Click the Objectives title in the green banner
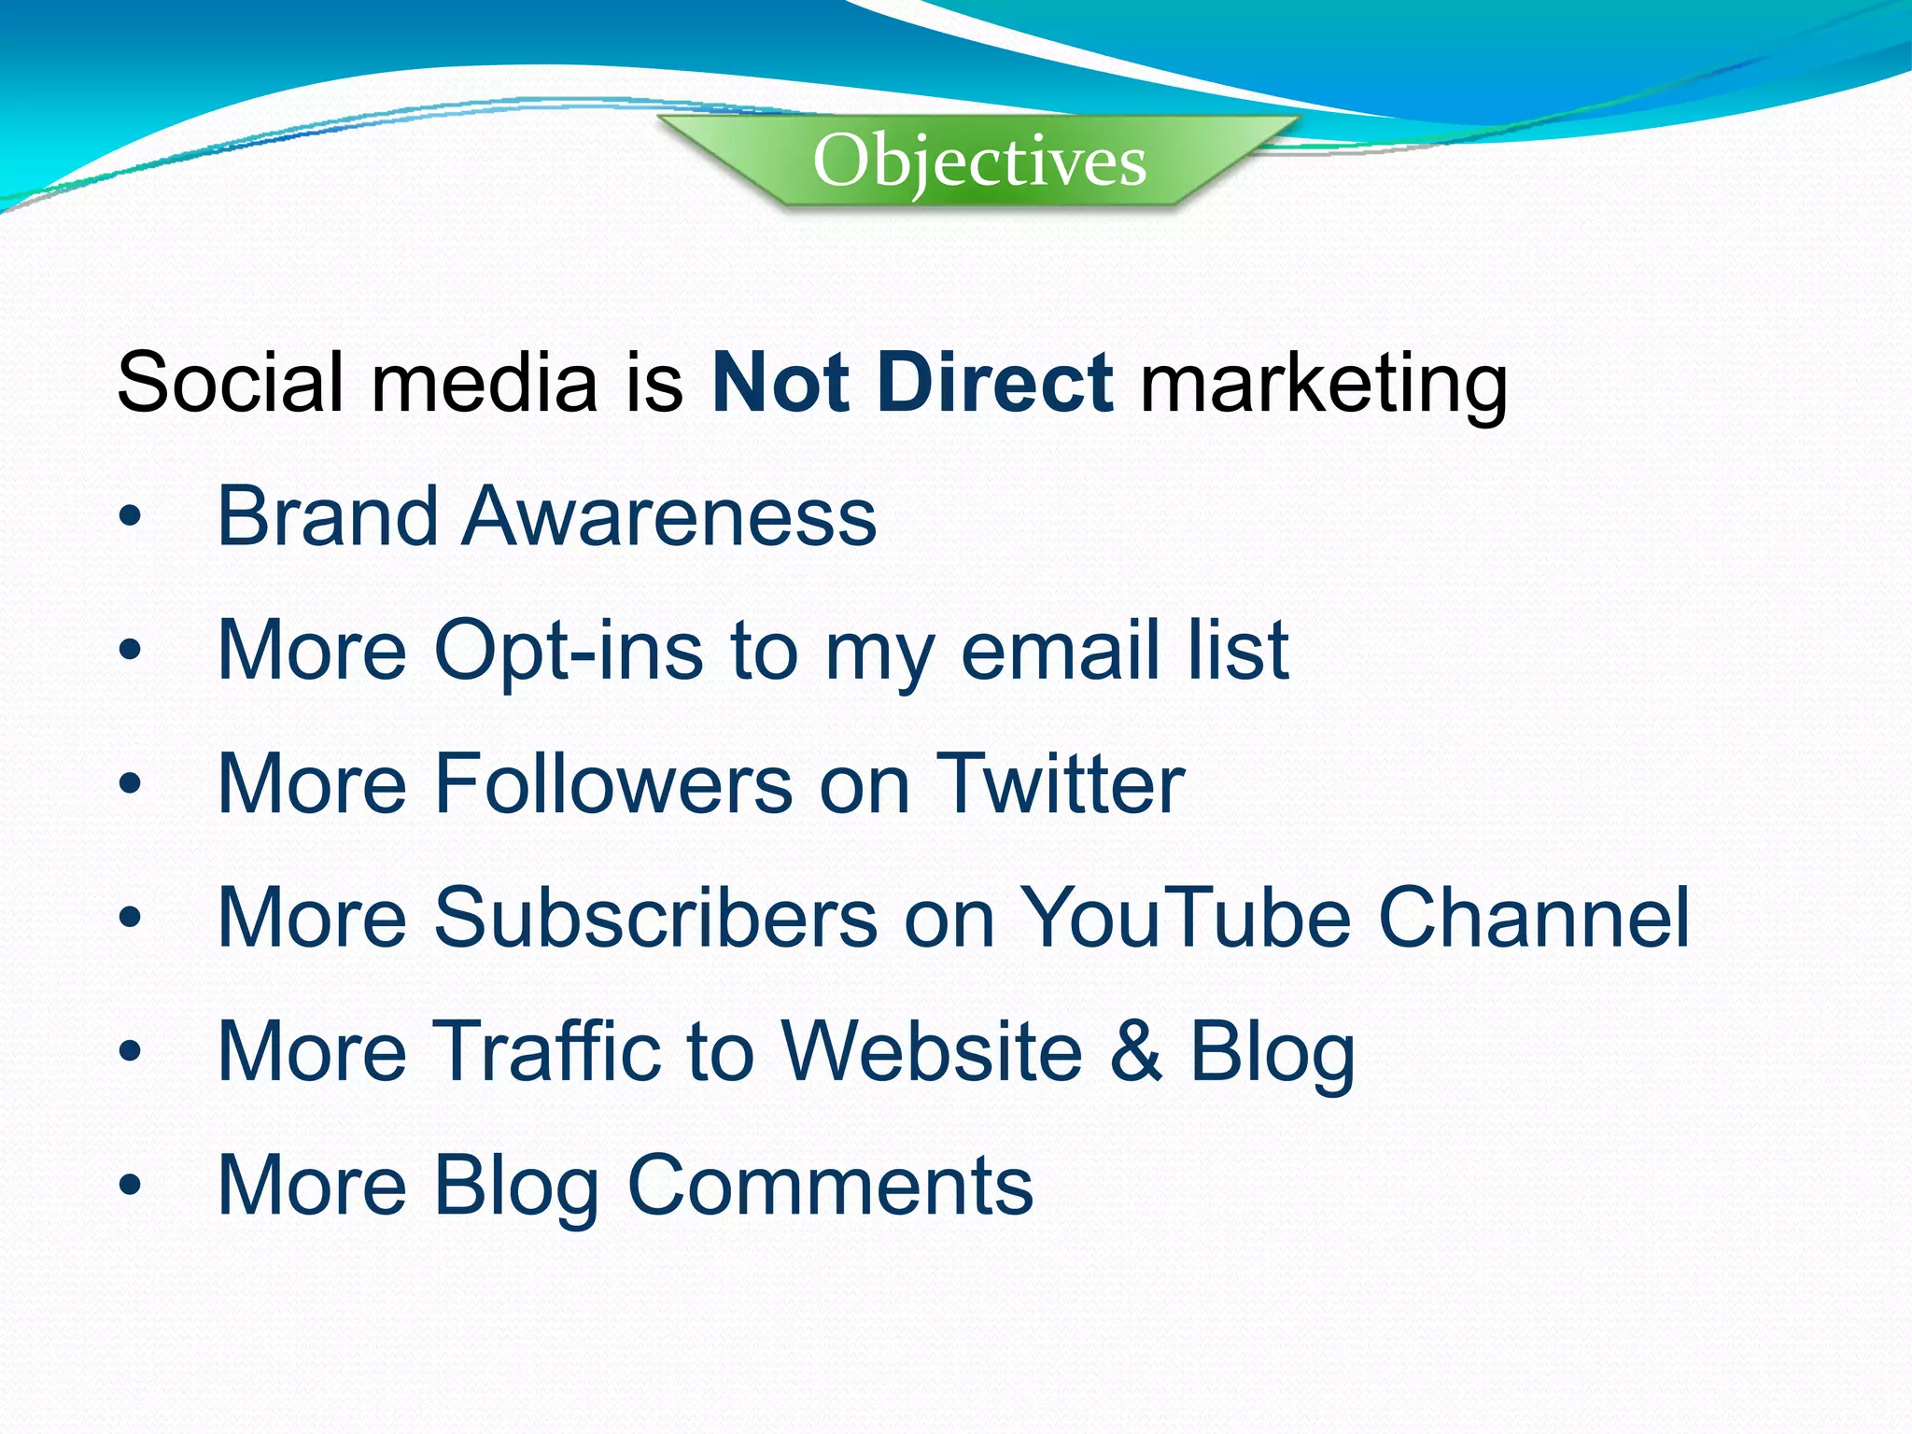[979, 162]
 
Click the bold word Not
[780, 382]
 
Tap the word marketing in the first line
[1324, 386]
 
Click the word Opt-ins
[569, 652]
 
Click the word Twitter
[1061, 783]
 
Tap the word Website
[932, 1050]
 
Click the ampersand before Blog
[1136, 1050]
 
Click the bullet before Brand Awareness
[130, 516]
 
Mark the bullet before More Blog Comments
[130, 1185]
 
